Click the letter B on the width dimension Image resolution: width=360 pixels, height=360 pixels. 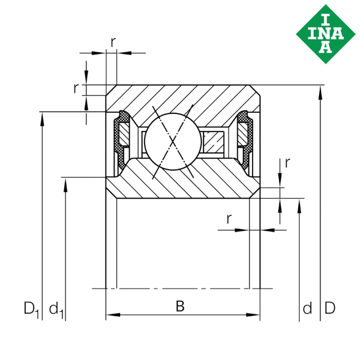pyautogui.click(x=179, y=308)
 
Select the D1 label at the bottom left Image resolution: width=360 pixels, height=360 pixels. pyautogui.click(x=31, y=309)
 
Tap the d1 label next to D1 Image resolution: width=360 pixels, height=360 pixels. pyautogui.click(x=56, y=310)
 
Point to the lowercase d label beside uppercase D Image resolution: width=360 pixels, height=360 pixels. pyautogui.click(x=307, y=309)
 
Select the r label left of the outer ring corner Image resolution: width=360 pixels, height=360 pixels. pyautogui.click(x=76, y=89)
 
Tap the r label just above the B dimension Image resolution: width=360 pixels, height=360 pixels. pyautogui.click(x=229, y=219)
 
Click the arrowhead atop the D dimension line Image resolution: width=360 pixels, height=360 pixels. pyautogui.click(x=322, y=91)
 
